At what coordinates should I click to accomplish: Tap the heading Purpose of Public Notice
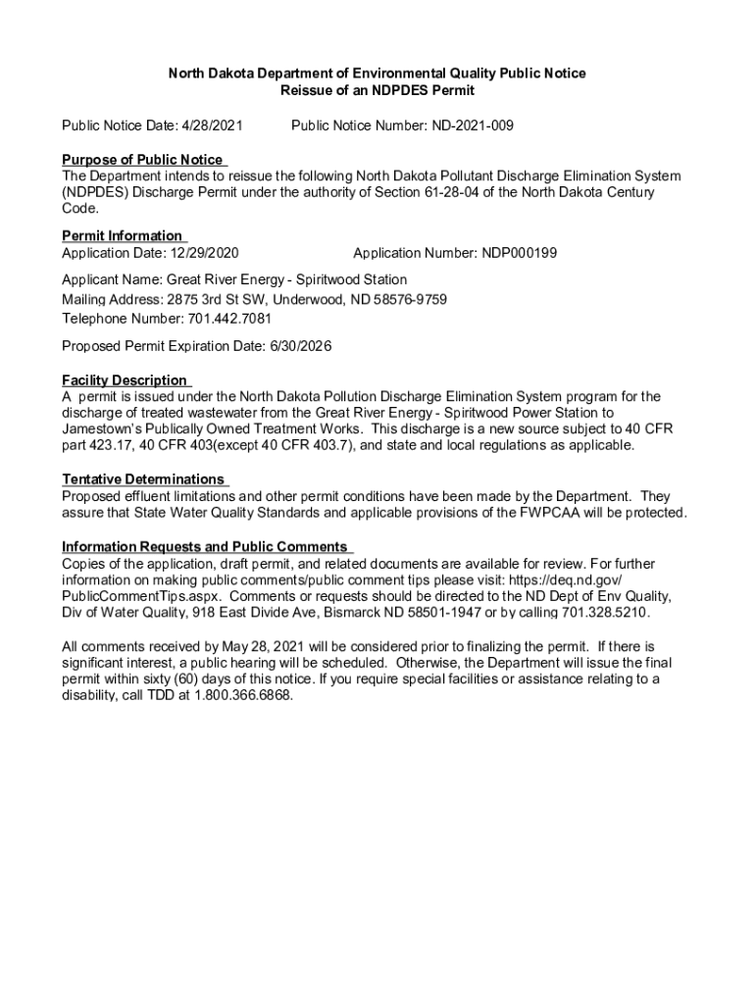pyautogui.click(x=142, y=160)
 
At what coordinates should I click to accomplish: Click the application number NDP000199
pyautogui.click(x=519, y=253)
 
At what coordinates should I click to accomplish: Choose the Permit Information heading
pyautogui.click(x=123, y=235)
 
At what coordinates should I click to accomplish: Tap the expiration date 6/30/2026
pyautogui.click(x=300, y=346)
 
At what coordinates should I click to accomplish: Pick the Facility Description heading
pyautogui.click(x=125, y=379)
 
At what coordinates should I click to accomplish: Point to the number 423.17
pyautogui.click(x=116, y=445)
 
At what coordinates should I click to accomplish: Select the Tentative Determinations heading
pyautogui.click(x=143, y=478)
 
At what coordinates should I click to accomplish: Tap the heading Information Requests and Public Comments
pyautogui.click(x=205, y=546)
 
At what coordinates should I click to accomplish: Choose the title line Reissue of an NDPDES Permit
pyautogui.click(x=377, y=90)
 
